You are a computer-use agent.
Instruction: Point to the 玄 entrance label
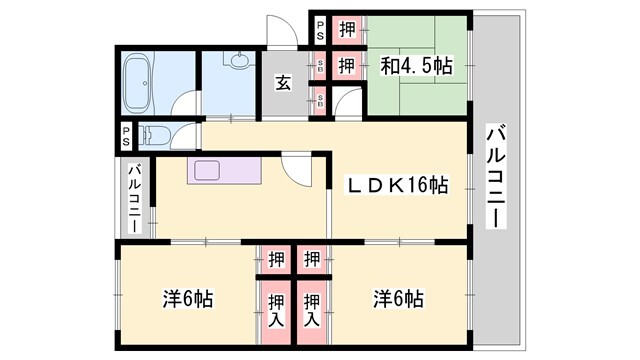284,84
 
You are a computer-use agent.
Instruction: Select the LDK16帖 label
397,186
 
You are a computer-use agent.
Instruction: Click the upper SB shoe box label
319,67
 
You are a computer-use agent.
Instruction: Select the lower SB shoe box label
319,99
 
